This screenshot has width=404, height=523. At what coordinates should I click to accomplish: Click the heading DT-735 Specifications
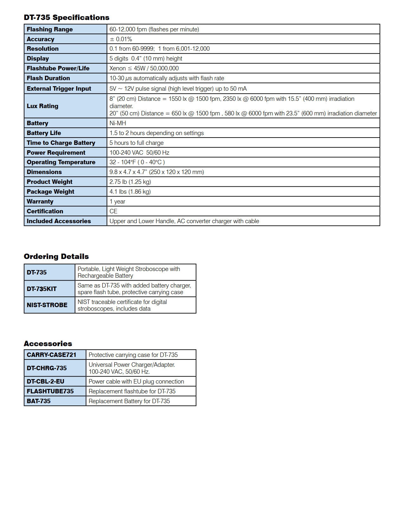67,17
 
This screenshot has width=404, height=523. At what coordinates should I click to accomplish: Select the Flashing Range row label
50,29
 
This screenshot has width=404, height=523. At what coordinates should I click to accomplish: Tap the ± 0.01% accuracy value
121,39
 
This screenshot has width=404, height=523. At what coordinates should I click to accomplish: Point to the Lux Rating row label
42,106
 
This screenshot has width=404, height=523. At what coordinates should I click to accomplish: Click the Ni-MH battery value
118,123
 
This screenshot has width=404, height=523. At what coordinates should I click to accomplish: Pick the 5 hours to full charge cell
137,143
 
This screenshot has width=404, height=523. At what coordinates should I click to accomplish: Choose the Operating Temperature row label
61,162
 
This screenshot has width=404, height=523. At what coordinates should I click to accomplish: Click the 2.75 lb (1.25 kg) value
130,182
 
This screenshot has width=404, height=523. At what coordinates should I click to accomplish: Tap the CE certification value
113,211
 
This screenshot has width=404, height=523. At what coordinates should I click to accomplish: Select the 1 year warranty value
117,201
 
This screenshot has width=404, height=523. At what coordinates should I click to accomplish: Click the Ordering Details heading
56,256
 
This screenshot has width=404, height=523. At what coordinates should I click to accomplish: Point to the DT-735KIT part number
42,289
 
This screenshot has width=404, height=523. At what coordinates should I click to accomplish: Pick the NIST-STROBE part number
47,305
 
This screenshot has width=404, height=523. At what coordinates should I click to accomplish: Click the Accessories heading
48,344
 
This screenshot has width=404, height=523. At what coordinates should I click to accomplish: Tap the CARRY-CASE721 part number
51,355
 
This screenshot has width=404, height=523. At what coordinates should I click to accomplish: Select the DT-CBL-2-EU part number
45,381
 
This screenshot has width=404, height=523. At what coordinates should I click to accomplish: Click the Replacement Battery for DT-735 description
129,401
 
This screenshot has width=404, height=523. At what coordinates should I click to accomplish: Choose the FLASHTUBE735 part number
50,391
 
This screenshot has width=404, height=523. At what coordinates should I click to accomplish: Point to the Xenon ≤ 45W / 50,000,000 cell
144,68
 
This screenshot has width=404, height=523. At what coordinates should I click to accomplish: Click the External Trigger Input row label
59,88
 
